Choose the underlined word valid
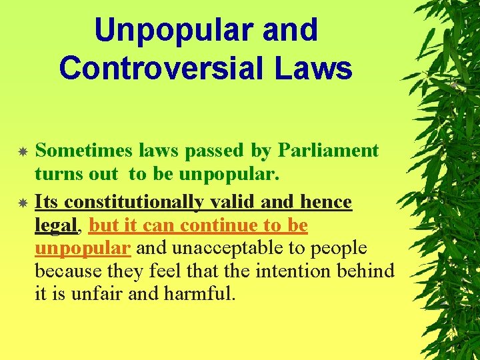tap(233, 202)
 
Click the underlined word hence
tap(327, 202)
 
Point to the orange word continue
tap(210, 226)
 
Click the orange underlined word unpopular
tap(82, 249)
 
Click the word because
tap(65, 272)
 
